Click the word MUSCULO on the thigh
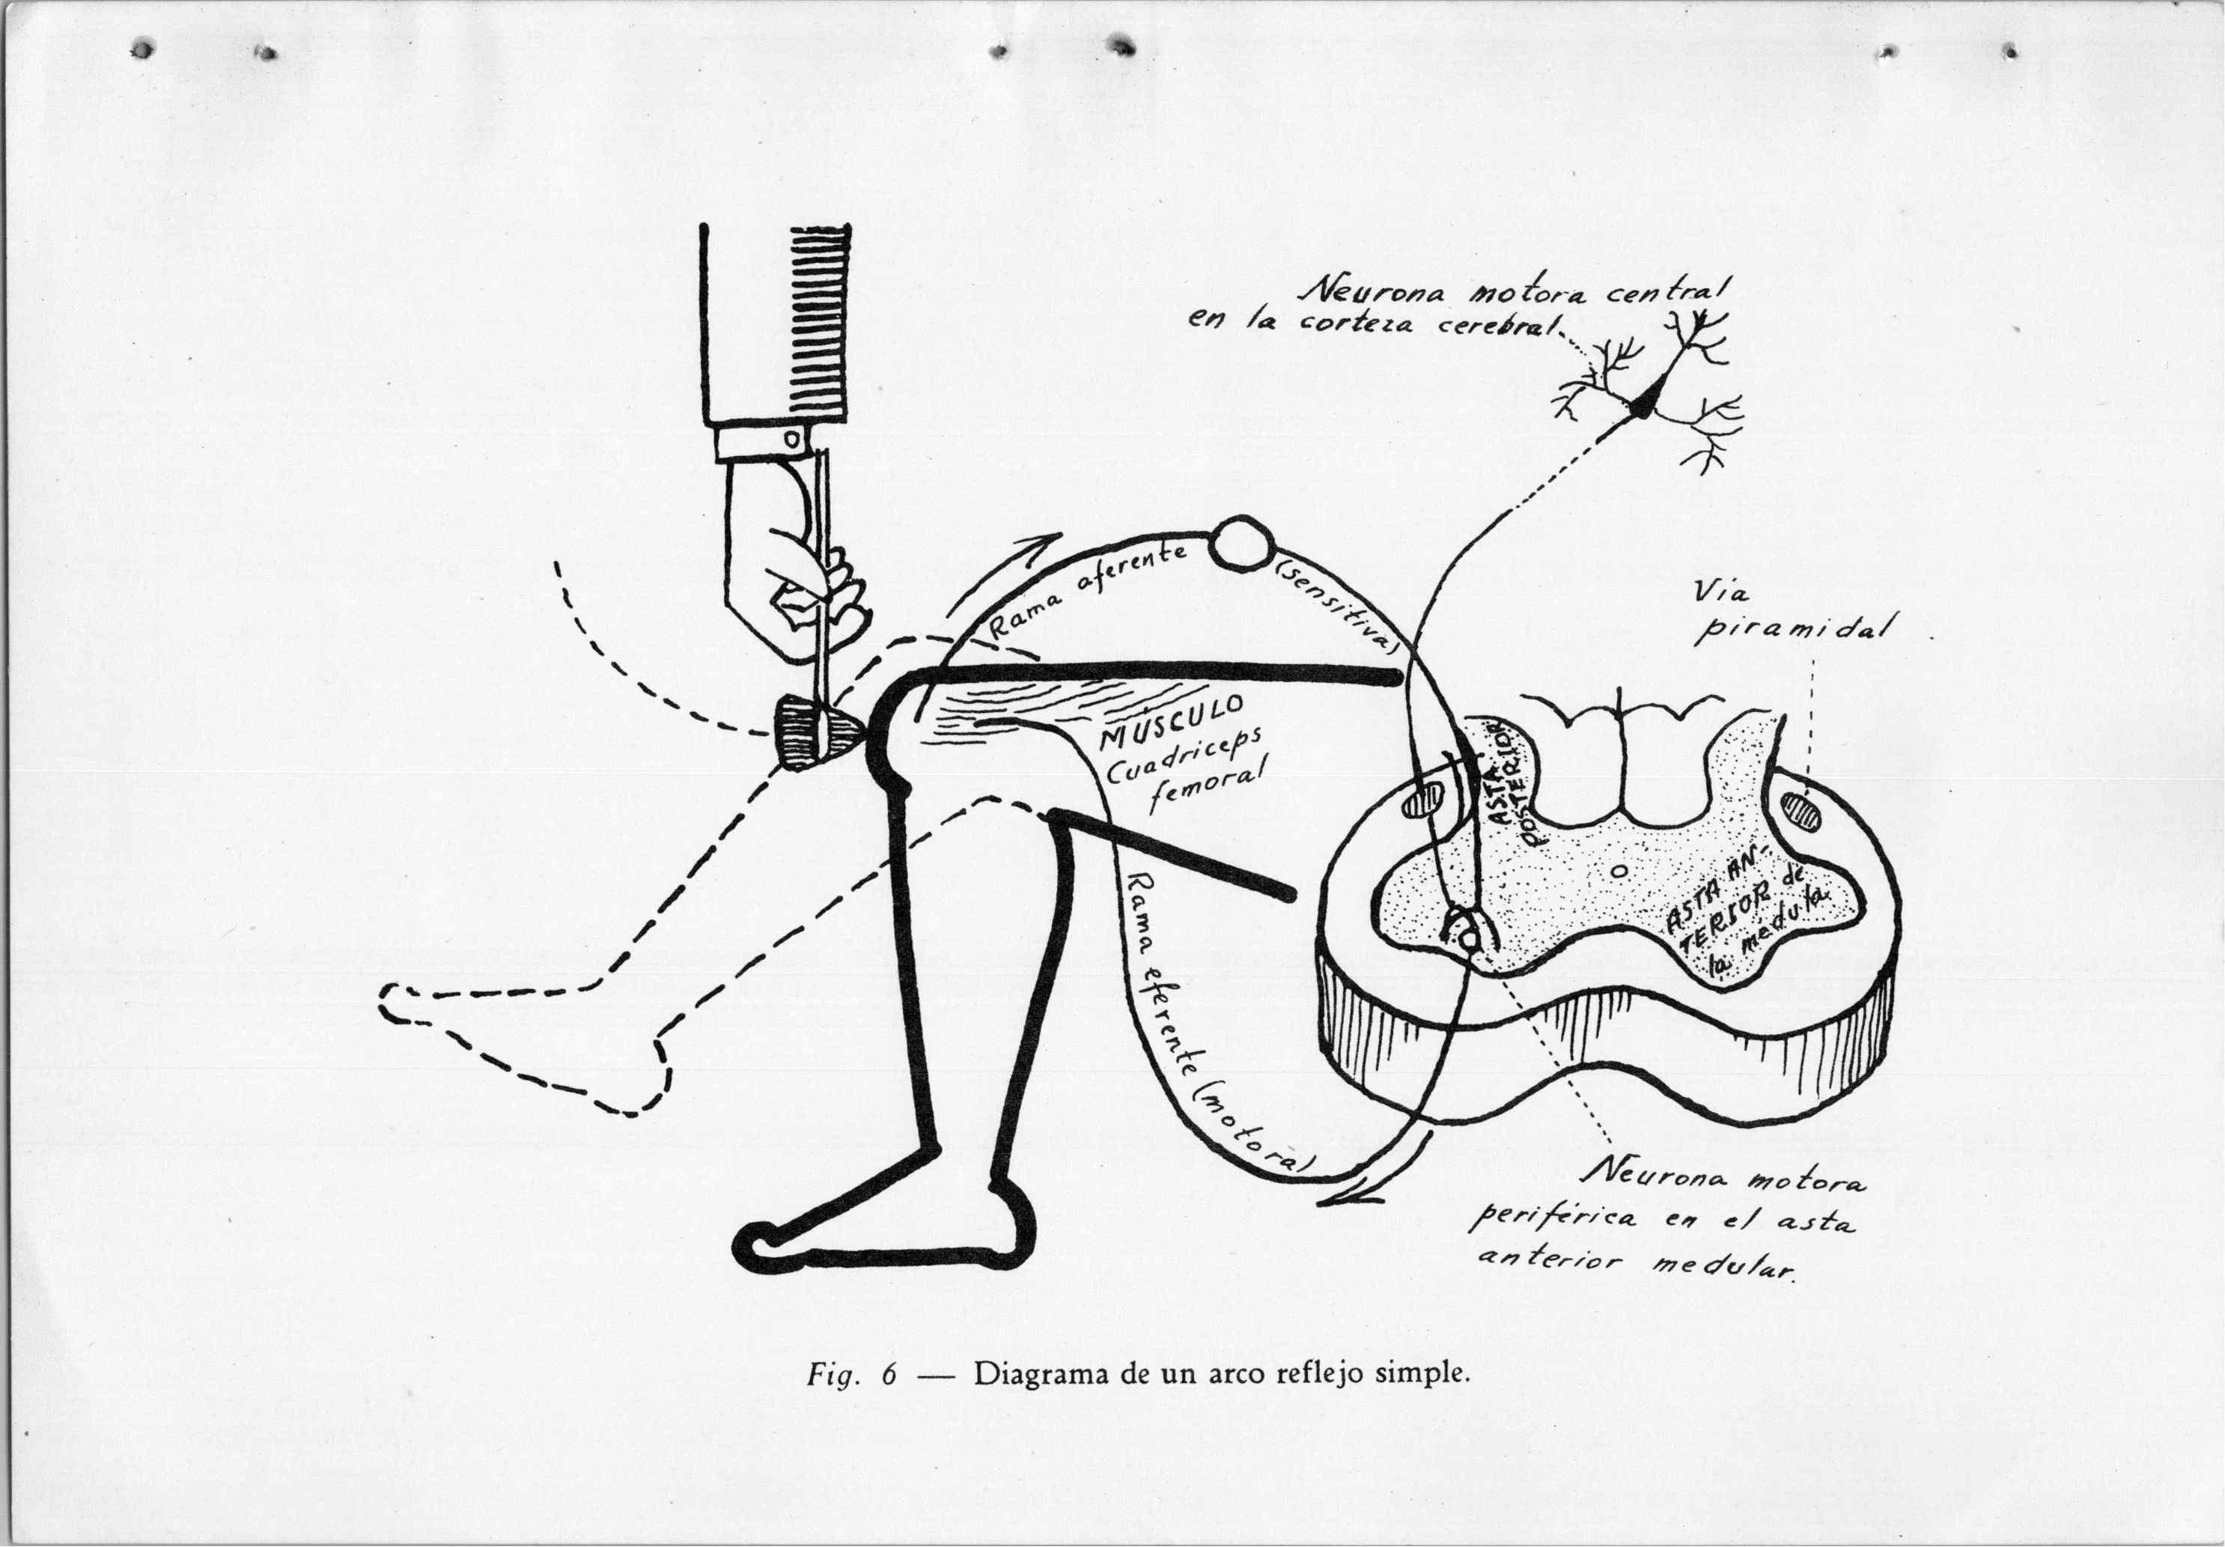click(x=1169, y=720)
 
